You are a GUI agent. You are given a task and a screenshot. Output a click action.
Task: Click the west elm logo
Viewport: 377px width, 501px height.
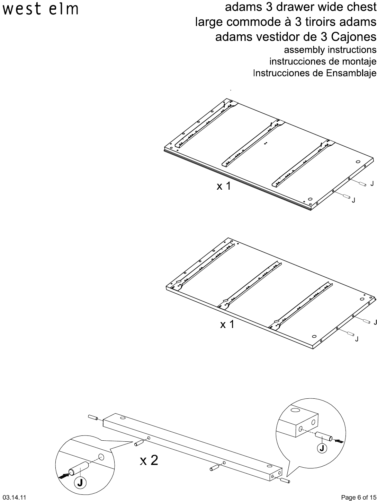click(41, 9)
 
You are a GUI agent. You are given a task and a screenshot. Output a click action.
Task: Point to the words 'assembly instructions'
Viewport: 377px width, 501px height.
click(330, 50)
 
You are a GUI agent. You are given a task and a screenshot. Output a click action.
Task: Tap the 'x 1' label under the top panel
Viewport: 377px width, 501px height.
click(224, 186)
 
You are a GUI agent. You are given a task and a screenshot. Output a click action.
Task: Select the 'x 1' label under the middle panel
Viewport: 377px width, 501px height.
click(227, 325)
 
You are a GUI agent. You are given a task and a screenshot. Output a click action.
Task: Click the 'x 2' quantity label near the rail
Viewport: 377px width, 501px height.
click(149, 460)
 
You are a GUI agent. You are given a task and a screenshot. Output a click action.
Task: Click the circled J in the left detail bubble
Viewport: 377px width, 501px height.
click(80, 482)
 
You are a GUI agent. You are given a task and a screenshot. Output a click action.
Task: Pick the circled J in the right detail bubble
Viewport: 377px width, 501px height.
click(322, 448)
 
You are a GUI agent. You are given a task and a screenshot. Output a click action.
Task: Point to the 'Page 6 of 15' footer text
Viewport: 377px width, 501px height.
click(358, 498)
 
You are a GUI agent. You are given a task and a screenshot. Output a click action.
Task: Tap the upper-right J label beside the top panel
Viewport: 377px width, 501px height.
click(372, 183)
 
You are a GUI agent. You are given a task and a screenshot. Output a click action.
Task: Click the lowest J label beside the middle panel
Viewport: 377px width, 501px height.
click(357, 339)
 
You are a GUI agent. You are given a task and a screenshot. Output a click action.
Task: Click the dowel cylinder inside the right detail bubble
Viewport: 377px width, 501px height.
click(324, 436)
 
